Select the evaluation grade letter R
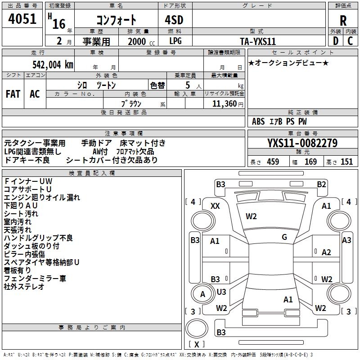click(x=343, y=21)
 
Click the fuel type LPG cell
click(x=175, y=41)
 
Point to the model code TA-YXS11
click(x=258, y=41)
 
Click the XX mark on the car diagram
click(x=216, y=206)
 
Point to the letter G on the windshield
click(x=284, y=237)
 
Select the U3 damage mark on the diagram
click(x=221, y=292)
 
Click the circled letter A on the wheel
click(x=202, y=294)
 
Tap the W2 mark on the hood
click(x=251, y=216)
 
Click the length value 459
click(x=273, y=162)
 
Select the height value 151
click(x=346, y=162)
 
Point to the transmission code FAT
click(x=13, y=94)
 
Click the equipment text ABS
click(x=259, y=121)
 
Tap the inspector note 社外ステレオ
click(x=24, y=287)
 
